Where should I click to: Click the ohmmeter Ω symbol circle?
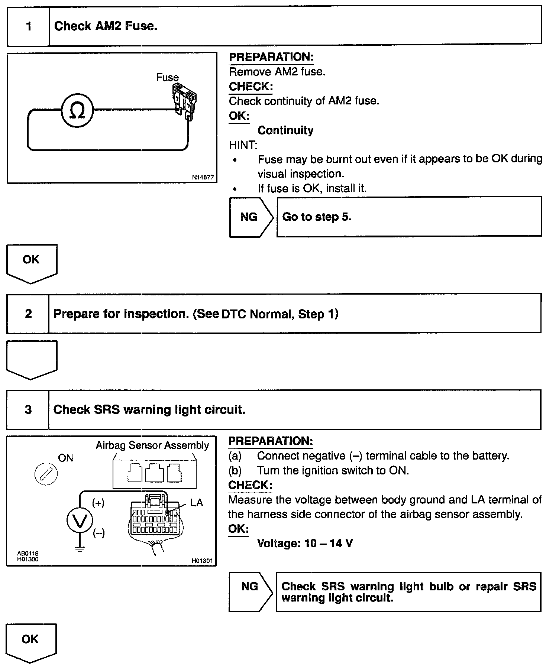coord(77,110)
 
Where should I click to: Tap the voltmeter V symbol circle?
coord(80,521)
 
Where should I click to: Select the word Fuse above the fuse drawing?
coord(167,78)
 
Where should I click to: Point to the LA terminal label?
coord(197,503)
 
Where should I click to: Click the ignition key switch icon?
coord(46,475)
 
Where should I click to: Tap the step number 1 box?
coord(29,26)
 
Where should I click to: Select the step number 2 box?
coord(28,314)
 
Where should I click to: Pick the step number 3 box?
coord(28,410)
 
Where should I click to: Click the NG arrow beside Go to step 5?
coord(250,217)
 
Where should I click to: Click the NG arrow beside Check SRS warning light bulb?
coord(250,586)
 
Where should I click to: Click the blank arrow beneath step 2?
coord(31,359)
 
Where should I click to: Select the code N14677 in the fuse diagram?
coord(203,178)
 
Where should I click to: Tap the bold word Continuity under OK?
coord(285,130)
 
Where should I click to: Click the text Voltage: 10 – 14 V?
coord(305,544)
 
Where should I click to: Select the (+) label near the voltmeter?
coord(98,503)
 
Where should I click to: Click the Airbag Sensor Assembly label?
coord(152,445)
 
